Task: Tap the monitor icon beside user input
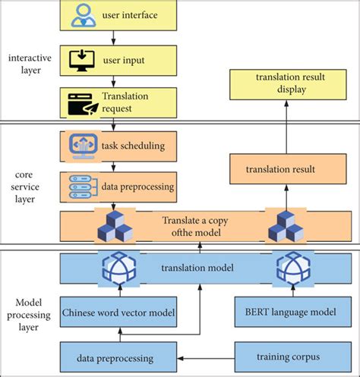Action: (x=80, y=58)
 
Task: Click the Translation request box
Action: (x=114, y=102)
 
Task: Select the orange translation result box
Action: (x=280, y=169)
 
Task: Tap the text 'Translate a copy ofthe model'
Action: (x=196, y=225)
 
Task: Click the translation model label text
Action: (x=196, y=268)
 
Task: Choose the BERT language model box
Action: (x=281, y=312)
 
